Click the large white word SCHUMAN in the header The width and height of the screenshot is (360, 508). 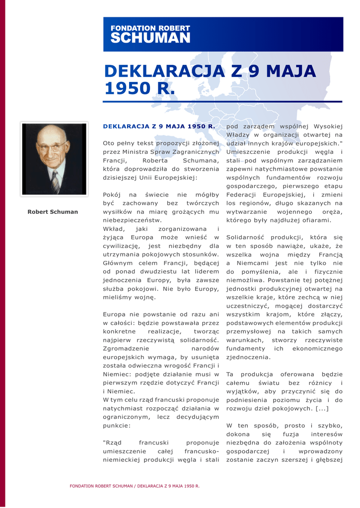(x=150, y=38)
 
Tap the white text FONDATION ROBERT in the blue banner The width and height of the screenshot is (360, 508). (x=150, y=28)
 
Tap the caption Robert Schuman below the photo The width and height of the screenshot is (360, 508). (x=53, y=212)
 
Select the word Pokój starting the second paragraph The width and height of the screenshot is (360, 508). (x=112, y=194)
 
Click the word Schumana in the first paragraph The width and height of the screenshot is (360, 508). (x=201, y=161)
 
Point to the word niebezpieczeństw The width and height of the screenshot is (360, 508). (x=133, y=220)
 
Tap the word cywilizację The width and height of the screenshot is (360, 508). (x=121, y=246)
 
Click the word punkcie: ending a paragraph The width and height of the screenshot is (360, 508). (x=117, y=425)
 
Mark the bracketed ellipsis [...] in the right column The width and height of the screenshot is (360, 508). (x=322, y=408)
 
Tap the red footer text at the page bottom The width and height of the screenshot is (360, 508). (x=135, y=486)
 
